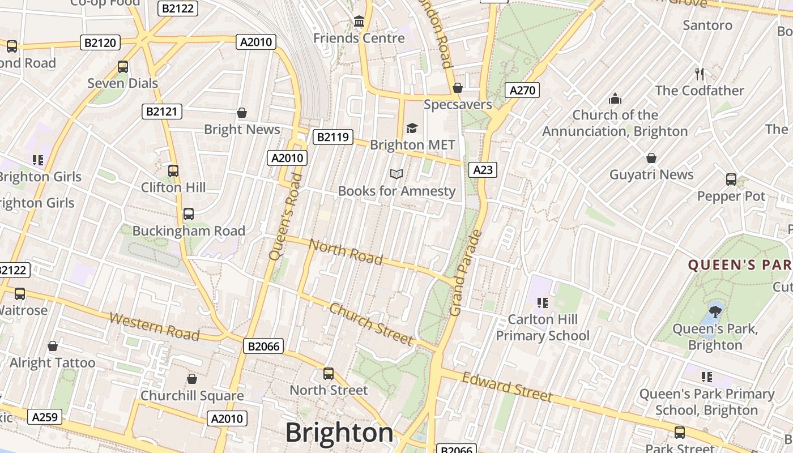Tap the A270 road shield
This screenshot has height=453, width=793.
[x=521, y=90]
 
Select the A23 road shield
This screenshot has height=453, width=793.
[x=483, y=169]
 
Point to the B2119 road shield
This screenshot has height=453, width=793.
[x=334, y=137]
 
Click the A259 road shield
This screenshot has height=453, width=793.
[x=45, y=417]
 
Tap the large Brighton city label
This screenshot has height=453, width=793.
[x=339, y=433]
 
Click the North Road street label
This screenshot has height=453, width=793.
[x=347, y=252]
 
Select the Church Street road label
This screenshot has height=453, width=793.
[x=371, y=324]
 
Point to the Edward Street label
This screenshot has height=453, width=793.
[x=507, y=387]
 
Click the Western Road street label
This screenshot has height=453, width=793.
[x=154, y=327]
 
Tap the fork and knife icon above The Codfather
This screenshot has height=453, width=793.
[x=700, y=74]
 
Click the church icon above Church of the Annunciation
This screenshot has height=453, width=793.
[x=615, y=99]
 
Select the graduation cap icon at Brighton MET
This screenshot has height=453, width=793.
[x=412, y=129]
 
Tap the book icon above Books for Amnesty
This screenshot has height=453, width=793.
[x=396, y=174]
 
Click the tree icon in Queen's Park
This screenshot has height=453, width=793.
[x=715, y=311]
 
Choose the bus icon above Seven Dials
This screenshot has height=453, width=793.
[x=123, y=67]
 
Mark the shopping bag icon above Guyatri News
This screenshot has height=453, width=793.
[x=651, y=158]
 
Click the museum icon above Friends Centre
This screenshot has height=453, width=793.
[x=359, y=22]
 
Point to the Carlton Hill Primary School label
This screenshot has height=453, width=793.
[x=543, y=327]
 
